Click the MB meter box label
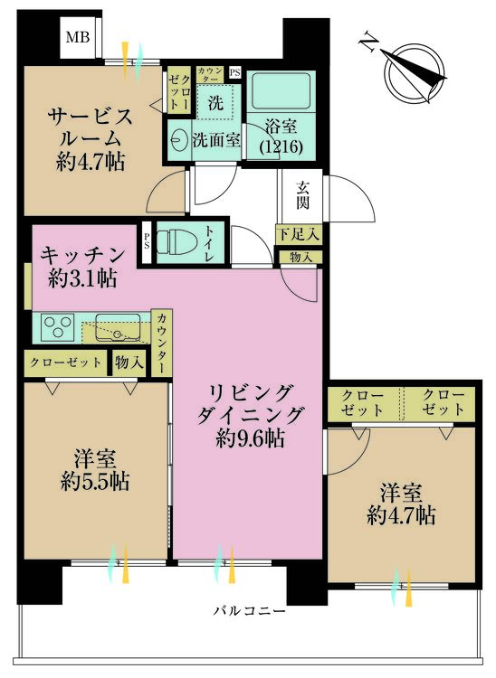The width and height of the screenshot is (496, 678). [75, 38]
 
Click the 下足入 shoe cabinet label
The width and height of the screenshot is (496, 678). [298, 235]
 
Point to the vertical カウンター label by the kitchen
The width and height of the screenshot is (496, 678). [161, 344]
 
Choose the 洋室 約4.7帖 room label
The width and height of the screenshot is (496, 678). [402, 504]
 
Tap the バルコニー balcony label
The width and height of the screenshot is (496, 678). [250, 611]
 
